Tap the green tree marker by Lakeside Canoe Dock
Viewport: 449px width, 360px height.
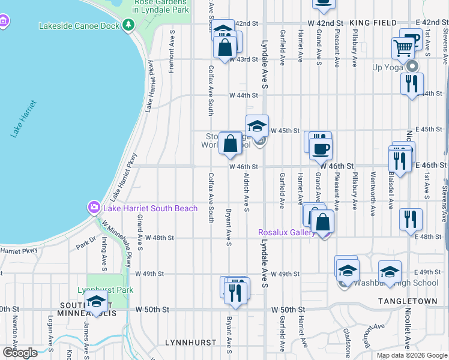pos(128,25)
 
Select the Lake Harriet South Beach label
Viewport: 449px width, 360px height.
pos(150,208)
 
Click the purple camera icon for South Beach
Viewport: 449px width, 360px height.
pos(94,208)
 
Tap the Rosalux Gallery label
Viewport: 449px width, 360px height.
pos(286,232)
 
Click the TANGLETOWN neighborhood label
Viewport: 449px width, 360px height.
pos(405,299)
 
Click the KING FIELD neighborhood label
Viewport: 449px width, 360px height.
pos(369,22)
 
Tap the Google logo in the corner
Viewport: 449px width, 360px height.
pos(20,353)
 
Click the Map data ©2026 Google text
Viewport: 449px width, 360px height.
pos(412,355)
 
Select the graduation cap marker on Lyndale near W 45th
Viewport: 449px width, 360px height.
pos(257,126)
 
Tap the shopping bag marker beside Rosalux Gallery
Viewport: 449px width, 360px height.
pos(323,221)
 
